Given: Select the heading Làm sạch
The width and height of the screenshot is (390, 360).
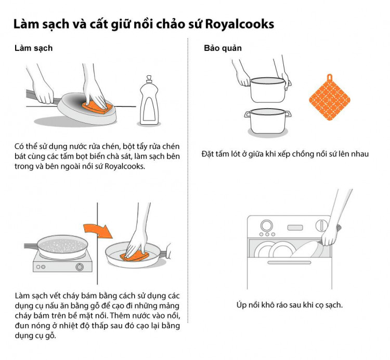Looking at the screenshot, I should tap(33, 48).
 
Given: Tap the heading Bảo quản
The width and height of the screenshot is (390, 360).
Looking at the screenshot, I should tap(223, 48).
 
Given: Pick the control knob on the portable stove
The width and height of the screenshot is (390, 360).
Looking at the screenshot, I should tap(80, 267).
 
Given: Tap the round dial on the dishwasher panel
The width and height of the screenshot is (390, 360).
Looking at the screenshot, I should tap(267, 226).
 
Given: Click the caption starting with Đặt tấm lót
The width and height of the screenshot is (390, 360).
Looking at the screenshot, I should tap(284, 154).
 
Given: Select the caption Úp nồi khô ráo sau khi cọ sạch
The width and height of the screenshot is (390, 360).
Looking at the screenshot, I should tap(289, 304).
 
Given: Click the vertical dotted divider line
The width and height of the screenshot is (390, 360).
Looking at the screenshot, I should tap(188, 182).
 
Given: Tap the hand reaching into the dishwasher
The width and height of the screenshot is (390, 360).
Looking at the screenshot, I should tap(330, 236).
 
